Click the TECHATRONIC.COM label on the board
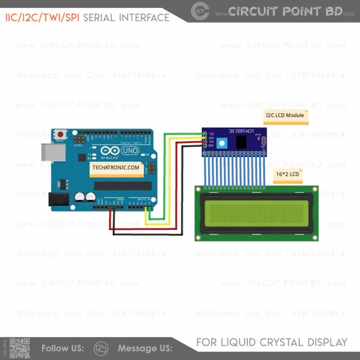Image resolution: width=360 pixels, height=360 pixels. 115,168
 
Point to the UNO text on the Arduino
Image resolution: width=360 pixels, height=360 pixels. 130,150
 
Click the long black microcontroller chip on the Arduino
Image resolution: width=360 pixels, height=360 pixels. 122,186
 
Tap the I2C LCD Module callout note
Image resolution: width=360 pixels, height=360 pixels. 285,115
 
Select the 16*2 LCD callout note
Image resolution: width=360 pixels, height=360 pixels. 287,174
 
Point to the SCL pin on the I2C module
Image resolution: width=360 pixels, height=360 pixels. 205,133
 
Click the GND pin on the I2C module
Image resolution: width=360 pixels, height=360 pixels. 205,145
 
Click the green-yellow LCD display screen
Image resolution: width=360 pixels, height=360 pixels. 256,212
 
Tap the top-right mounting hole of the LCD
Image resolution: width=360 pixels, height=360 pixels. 314,189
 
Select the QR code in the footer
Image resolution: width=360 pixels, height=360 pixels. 19,348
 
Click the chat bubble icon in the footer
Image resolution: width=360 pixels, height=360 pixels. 101,348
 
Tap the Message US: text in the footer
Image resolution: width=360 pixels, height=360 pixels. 145,348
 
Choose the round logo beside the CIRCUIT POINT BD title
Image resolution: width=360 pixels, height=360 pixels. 200,11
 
